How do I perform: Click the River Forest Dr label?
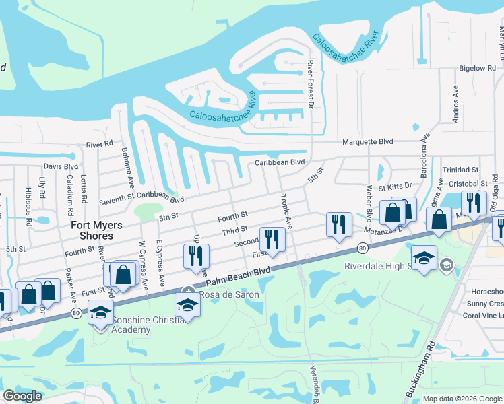pos(311,84)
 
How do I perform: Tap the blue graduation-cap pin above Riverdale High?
pos(424,258)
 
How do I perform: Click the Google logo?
pos(23,395)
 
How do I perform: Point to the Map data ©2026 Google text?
pos(462,399)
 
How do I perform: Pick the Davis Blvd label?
pos(61,166)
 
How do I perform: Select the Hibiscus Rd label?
pos(28,203)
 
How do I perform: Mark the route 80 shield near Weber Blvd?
pos(364,248)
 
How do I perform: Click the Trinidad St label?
pos(460,170)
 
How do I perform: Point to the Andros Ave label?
pos(456,102)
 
